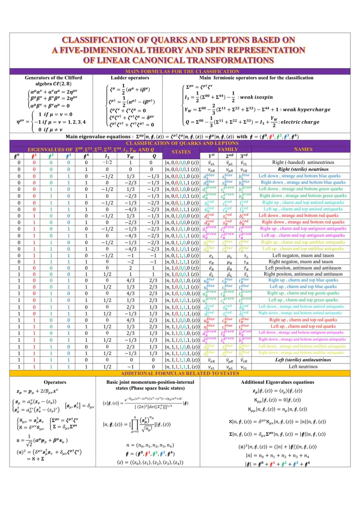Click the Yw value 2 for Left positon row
point(130,267)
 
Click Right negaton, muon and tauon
point(303,261)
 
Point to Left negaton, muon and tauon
point(303,255)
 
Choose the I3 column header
point(107,156)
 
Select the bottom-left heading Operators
point(55,382)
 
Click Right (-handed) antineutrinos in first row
point(303,163)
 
